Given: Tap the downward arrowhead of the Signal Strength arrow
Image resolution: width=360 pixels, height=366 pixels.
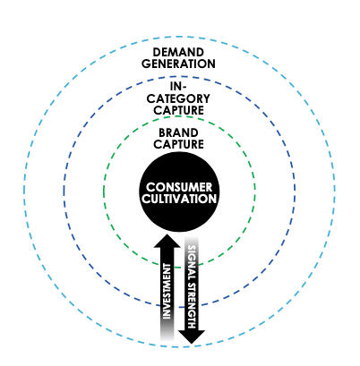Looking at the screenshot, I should (193, 336).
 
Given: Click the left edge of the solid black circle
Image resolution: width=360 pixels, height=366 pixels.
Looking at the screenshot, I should (138, 192).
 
